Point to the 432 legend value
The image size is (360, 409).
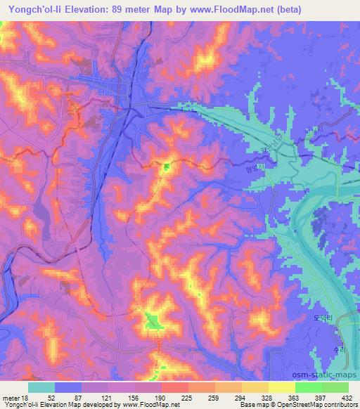[346, 396]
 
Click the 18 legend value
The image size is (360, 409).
[25, 396]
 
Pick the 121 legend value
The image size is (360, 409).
[85, 396]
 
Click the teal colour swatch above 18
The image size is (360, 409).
[41, 387]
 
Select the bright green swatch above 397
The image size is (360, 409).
[308, 387]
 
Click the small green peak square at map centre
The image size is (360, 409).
[167, 167]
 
